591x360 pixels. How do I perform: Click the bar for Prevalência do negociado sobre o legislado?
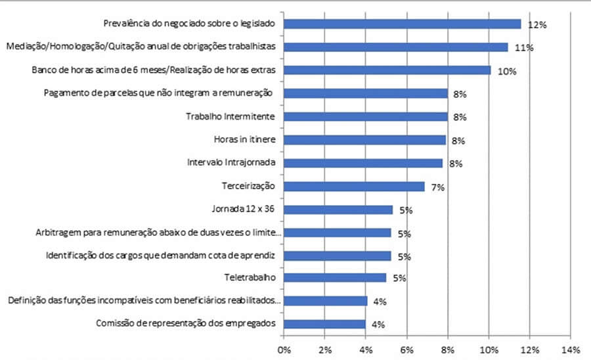point(402,24)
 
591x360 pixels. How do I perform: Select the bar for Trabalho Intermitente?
point(366,117)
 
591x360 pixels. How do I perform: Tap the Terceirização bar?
point(355,187)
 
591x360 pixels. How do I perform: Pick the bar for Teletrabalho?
point(335,277)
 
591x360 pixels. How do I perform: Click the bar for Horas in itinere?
point(365,140)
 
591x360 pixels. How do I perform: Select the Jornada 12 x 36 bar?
point(338,210)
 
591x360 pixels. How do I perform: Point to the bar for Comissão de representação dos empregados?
point(325,324)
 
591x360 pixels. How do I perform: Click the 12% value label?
point(537,25)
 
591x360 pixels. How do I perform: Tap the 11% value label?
point(524,48)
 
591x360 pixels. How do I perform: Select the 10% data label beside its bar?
point(506,71)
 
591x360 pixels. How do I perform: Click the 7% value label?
point(438,187)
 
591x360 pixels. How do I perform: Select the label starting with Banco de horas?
point(154,70)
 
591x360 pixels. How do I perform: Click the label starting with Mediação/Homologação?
point(140,47)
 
